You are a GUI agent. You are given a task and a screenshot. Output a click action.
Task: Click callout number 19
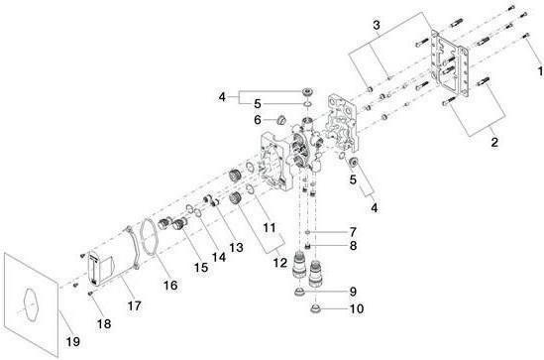pyautogui.click(x=73, y=341)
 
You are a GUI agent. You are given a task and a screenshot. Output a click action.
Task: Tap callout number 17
pyautogui.click(x=134, y=305)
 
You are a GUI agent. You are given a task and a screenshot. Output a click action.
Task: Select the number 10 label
pyautogui.click(x=357, y=308)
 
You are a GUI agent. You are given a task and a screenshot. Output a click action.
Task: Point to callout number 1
pyautogui.click(x=540, y=71)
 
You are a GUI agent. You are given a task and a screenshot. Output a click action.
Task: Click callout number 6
pyautogui.click(x=258, y=120)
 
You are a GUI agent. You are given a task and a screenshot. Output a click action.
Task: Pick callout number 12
pyautogui.click(x=280, y=263)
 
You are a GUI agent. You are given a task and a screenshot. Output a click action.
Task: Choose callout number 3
pyautogui.click(x=377, y=25)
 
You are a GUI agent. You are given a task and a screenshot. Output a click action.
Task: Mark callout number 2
pyautogui.click(x=494, y=142)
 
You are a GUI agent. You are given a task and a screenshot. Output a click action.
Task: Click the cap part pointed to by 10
pyautogui.click(x=315, y=308)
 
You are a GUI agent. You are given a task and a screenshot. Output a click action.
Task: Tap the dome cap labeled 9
pyautogui.click(x=300, y=292)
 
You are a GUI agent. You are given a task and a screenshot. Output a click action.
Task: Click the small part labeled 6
pyautogui.click(x=280, y=120)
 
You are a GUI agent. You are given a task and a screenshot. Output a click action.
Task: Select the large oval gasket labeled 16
pyautogui.click(x=141, y=237)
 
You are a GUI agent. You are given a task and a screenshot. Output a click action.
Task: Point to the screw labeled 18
pyautogui.click(x=90, y=294)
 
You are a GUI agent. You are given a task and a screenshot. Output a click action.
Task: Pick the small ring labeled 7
pyautogui.click(x=308, y=232)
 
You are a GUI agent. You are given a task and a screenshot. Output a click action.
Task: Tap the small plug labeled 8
pyautogui.click(x=307, y=246)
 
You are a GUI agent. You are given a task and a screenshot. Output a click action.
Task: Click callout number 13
pyautogui.click(x=236, y=247)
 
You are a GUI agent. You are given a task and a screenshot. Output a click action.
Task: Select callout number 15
pyautogui.click(x=201, y=268)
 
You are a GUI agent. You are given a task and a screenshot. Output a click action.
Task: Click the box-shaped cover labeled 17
pyautogui.click(x=101, y=269)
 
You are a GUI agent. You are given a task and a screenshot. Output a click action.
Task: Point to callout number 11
pyautogui.click(x=270, y=228)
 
